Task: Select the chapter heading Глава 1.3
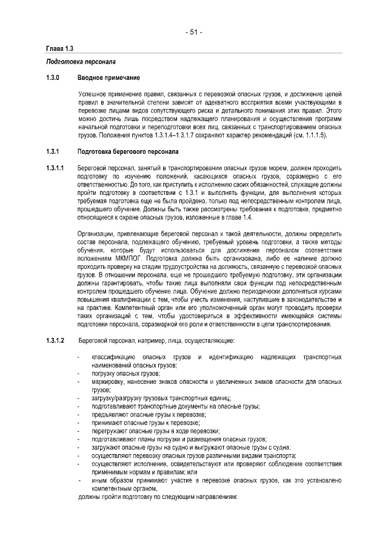tap(59, 48)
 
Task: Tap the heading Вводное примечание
tap(109, 78)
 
